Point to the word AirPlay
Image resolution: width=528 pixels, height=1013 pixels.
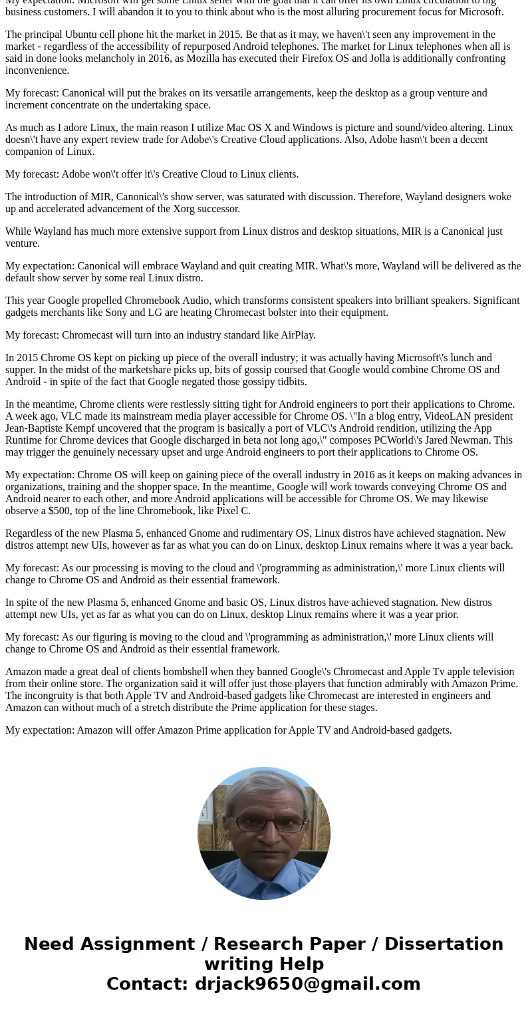click(295, 335)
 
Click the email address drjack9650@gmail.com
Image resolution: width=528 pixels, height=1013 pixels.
click(307, 984)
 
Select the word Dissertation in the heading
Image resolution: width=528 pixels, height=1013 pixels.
click(444, 944)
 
